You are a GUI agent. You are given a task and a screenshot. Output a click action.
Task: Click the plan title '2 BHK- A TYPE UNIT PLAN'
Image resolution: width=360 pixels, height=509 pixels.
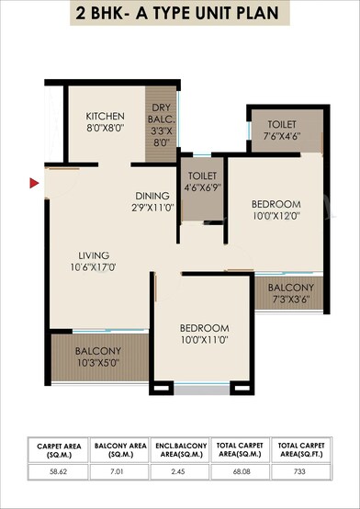click(180, 14)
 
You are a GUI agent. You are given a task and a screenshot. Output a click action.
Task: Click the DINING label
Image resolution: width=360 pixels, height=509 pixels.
click(152, 196)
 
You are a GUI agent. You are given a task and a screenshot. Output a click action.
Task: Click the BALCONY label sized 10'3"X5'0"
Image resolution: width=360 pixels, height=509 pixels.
click(98, 351)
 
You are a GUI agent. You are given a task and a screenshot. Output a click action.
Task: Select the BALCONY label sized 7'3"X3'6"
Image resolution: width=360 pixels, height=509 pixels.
click(291, 288)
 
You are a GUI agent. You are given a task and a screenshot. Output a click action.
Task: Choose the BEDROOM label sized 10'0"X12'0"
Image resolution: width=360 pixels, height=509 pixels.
click(276, 203)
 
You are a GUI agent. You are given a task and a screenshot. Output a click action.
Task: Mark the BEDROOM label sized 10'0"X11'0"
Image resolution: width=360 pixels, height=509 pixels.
click(204, 328)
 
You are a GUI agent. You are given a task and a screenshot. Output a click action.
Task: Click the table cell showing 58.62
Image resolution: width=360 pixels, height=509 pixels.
click(61, 469)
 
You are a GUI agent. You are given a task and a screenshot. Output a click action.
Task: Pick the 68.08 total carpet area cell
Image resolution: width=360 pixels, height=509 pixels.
click(241, 469)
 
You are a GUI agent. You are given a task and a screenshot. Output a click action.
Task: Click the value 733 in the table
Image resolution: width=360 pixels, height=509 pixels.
click(300, 469)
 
